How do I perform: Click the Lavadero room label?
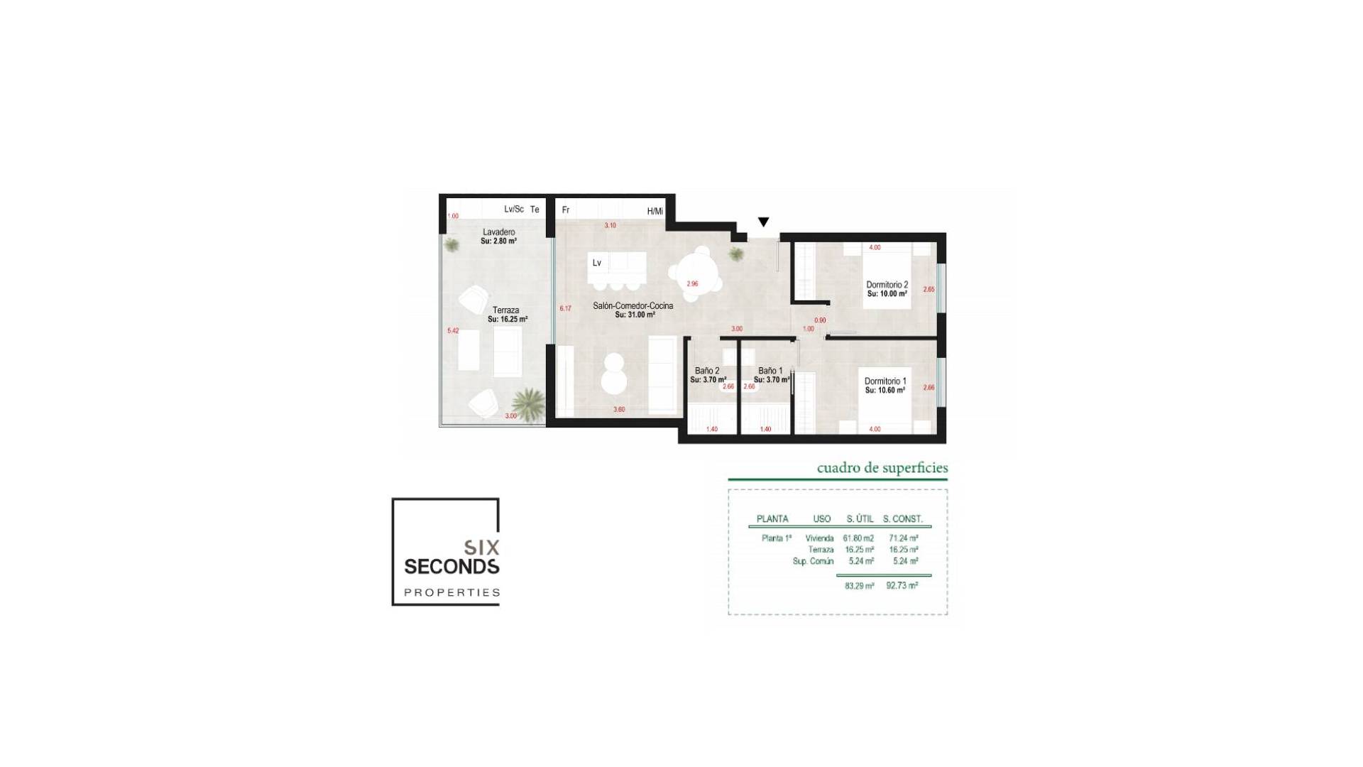pos(498,232)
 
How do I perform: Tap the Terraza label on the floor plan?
pos(506,310)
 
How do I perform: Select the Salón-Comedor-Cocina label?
pos(633,306)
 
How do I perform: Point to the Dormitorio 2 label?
pos(887,285)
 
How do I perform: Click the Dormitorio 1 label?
pos(885,381)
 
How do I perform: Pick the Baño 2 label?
pos(707,371)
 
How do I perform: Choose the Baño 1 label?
pos(770,371)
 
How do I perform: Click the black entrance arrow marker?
pos(764,222)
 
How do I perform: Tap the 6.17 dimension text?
pos(565,309)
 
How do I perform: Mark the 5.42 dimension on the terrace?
pos(453,331)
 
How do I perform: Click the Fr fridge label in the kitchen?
pos(566,210)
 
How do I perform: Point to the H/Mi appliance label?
pos(655,212)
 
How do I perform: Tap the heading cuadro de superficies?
pos(882,468)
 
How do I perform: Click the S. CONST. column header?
pos(902,519)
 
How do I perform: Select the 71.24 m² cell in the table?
pos(903,538)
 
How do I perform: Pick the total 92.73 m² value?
pos(902,586)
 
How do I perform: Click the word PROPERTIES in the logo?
pos(451,592)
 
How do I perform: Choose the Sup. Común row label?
pos(813,561)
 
